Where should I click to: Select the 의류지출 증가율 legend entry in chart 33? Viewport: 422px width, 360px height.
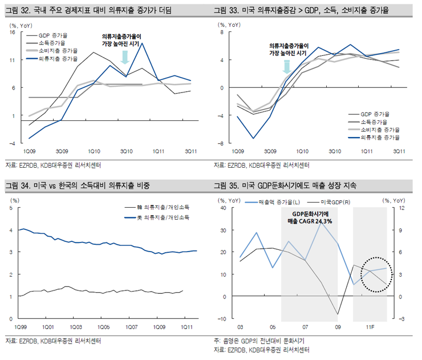coord(379,137)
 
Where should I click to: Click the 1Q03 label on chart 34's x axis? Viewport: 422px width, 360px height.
coord(75,327)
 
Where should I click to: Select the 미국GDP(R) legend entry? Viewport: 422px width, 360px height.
coord(335,202)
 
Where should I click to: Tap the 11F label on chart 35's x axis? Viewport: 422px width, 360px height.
coord(370,327)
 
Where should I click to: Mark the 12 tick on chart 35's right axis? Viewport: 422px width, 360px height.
coord(402,208)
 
